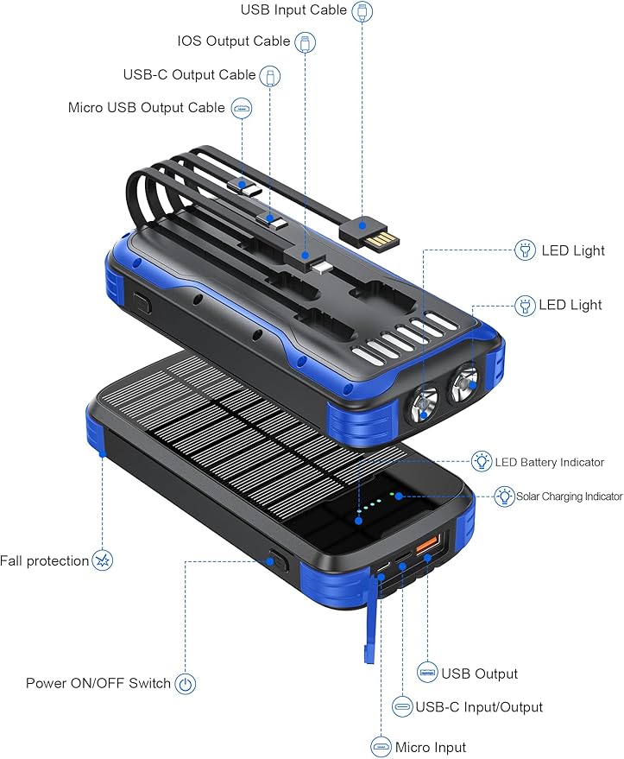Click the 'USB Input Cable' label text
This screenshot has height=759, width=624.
pyautogui.click(x=293, y=10)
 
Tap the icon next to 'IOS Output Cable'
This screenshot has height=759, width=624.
pyautogui.click(x=305, y=41)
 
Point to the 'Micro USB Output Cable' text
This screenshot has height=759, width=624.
pyautogui.click(x=147, y=109)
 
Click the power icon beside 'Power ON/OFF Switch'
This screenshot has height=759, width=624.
pyautogui.click(x=186, y=684)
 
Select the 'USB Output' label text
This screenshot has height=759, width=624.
pyautogui.click(x=480, y=674)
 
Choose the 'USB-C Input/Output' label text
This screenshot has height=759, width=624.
pyautogui.click(x=479, y=707)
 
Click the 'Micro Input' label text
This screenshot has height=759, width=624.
pyautogui.click(x=431, y=748)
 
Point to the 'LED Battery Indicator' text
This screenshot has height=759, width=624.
pyautogui.click(x=550, y=463)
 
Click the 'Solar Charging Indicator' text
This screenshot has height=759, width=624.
pyautogui.click(x=569, y=497)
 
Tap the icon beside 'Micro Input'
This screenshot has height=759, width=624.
pyautogui.click(x=381, y=747)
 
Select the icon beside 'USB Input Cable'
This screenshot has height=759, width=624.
pyautogui.click(x=363, y=11)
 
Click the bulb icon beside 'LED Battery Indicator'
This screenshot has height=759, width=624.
pyautogui.click(x=482, y=462)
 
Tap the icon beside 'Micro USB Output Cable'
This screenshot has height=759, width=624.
pyautogui.click(x=242, y=109)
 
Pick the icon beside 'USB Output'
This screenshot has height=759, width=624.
pyautogui.click(x=427, y=673)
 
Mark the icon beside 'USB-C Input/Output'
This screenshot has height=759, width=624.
pyautogui.click(x=402, y=706)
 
